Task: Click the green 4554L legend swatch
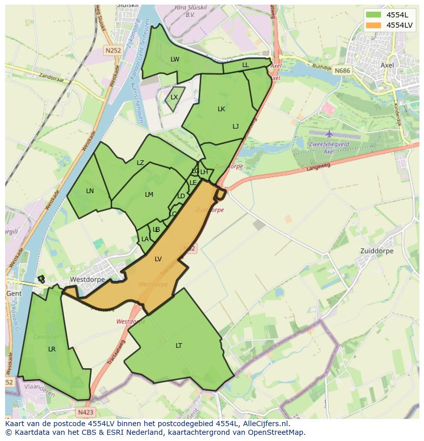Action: point(373,15)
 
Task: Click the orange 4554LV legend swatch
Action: point(373,25)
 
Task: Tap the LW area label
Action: point(175,59)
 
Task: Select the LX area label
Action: point(174,97)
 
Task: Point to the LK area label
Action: point(221,109)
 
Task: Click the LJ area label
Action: point(236,127)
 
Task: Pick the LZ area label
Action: point(140,163)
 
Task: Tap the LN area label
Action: point(90,191)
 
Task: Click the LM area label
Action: point(149,195)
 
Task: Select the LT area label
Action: point(179,346)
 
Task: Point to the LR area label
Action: point(52,349)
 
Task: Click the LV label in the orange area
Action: point(158,259)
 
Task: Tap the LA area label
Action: point(145,239)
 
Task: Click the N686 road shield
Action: point(342,71)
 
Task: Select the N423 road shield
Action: point(86,412)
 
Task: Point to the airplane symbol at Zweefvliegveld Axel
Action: point(329,134)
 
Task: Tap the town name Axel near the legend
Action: point(388,65)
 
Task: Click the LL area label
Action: point(245,65)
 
